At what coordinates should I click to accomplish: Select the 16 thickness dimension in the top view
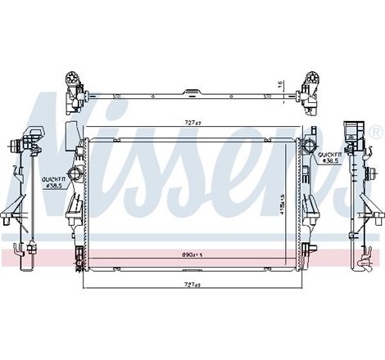281,85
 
